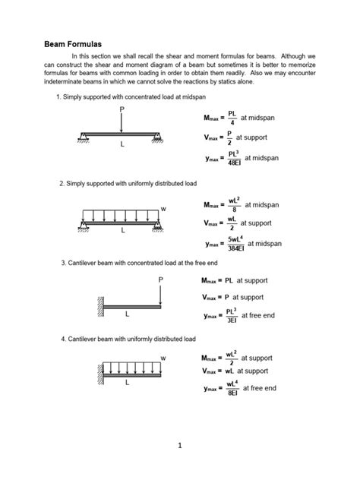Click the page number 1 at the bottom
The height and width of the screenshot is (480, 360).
pyautogui.click(x=179, y=446)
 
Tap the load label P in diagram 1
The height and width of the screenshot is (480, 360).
pyautogui.click(x=121, y=110)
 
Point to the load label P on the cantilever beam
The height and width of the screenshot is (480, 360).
pyautogui.click(x=160, y=279)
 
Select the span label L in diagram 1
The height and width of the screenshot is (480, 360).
pyautogui.click(x=122, y=144)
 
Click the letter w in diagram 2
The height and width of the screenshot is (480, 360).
pyautogui.click(x=163, y=208)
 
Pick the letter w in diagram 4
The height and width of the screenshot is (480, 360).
pyautogui.click(x=163, y=357)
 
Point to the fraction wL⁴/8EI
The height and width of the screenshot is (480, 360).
pyautogui.click(x=231, y=388)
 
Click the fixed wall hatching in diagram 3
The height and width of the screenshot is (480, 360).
pyautogui.click(x=99, y=307)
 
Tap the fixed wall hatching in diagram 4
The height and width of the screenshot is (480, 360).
pyautogui.click(x=99, y=374)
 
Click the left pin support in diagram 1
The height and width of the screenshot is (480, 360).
pyautogui.click(x=84, y=137)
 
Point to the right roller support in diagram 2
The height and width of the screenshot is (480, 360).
pyautogui.click(x=159, y=225)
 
